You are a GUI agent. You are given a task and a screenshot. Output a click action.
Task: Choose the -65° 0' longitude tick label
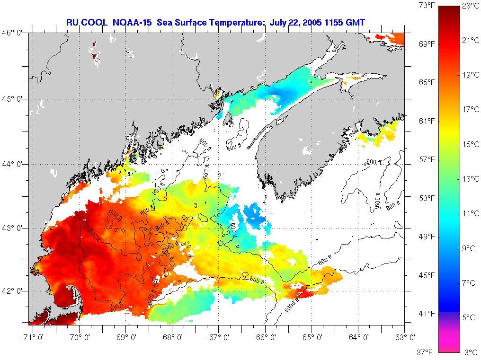(x=312, y=337)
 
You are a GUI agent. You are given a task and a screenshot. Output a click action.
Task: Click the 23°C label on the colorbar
(x=471, y=6)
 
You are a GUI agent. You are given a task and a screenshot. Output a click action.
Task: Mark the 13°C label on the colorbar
(x=471, y=179)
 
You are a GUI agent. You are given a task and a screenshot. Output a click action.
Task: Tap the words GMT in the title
(x=356, y=22)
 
